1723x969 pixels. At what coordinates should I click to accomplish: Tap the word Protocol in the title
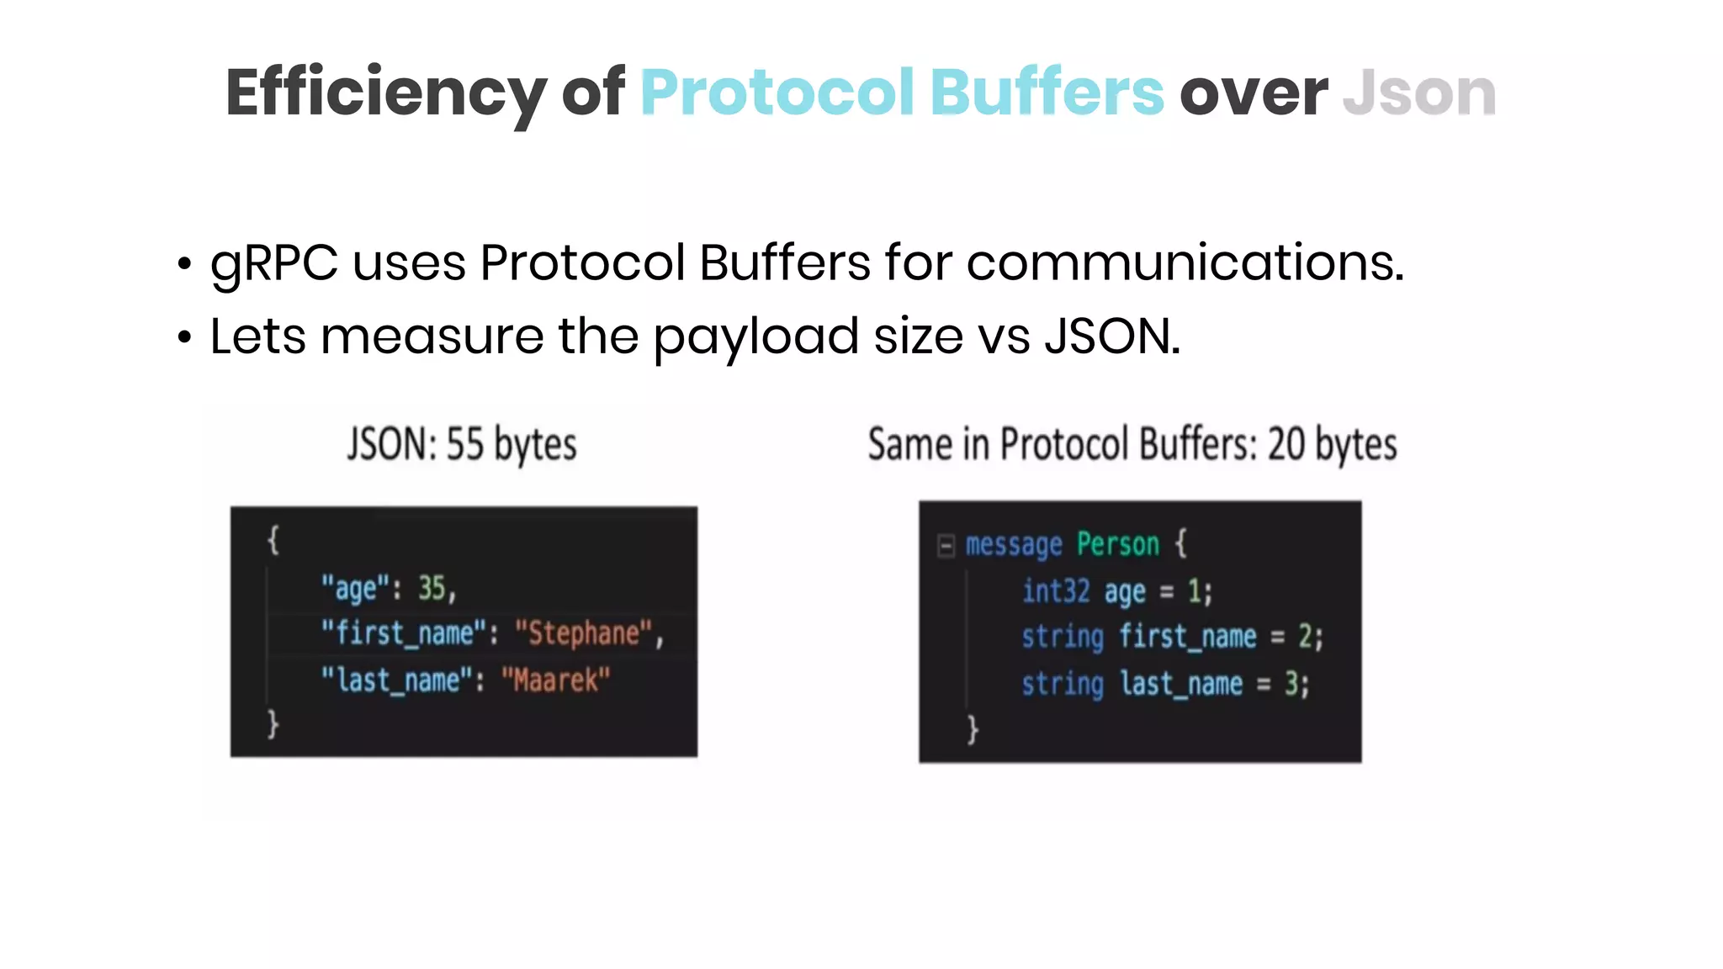777,93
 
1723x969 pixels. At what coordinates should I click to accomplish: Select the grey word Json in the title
1419,93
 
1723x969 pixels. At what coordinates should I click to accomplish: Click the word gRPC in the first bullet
274,262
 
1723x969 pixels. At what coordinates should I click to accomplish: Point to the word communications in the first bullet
1185,262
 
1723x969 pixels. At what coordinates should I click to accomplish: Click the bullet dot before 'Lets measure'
184,338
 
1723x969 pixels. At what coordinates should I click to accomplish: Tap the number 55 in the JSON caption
464,444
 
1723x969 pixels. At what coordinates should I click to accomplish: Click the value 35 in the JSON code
432,588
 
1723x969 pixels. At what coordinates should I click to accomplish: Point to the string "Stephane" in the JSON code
584,633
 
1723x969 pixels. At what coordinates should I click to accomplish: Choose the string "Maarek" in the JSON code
555,680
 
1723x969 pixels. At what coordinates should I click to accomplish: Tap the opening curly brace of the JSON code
273,540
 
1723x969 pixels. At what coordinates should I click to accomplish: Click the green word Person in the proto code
1118,544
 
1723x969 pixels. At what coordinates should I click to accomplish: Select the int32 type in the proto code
1056,591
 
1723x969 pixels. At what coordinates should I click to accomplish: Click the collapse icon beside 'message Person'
946,546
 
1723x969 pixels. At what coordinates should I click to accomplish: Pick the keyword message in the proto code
1014,545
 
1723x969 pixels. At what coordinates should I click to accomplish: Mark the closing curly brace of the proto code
973,728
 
